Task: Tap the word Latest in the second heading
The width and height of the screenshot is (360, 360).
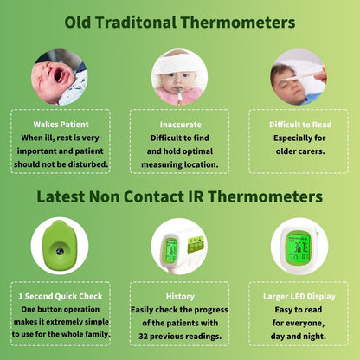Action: [x=61, y=196]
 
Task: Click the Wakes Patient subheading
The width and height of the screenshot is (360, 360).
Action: [x=61, y=125]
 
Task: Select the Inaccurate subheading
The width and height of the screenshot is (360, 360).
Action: [x=181, y=125]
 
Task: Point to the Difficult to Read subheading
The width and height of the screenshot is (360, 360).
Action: [x=300, y=125]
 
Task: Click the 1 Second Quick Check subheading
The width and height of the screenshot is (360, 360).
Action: [x=61, y=296]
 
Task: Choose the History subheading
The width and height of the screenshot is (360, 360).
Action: [x=180, y=297]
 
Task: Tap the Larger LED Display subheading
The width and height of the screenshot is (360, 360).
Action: [x=299, y=297]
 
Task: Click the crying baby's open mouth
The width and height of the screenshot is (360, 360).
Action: [x=60, y=75]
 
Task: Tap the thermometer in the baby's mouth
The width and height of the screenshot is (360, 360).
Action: [x=180, y=94]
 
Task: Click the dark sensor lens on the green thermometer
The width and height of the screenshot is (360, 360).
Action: [x=60, y=251]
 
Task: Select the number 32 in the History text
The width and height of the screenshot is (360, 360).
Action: [x=143, y=337]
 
